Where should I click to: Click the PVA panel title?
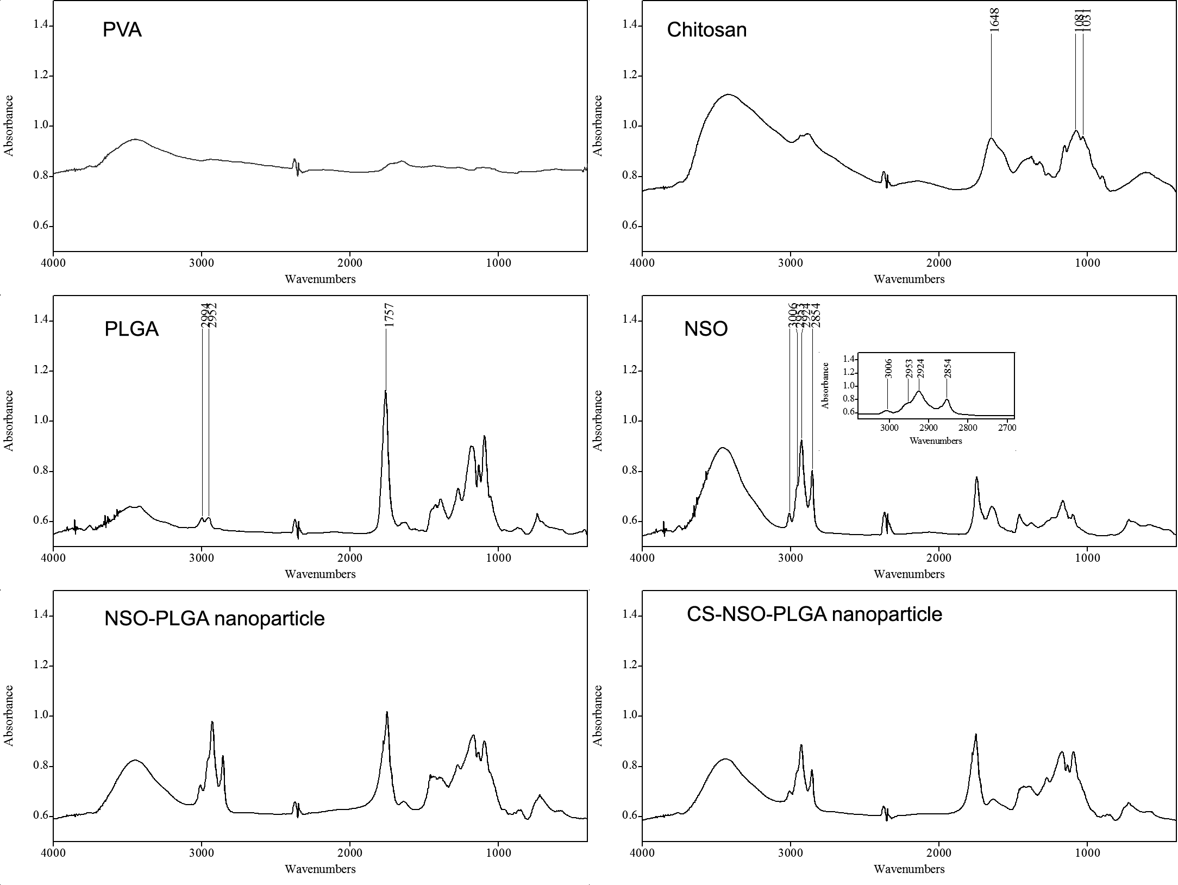tap(122, 29)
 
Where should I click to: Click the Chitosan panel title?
tap(706, 29)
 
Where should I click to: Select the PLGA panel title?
tap(131, 329)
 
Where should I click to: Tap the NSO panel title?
tap(706, 329)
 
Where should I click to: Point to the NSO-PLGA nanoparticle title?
tap(214, 618)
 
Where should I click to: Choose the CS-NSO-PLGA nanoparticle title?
tap(814, 614)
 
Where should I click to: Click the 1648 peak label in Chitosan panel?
tap(995, 20)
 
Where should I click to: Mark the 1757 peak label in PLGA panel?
tap(389, 316)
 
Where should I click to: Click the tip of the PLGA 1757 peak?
tap(386, 391)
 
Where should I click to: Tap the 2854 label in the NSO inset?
tap(948, 368)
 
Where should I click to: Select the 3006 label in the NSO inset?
tap(888, 368)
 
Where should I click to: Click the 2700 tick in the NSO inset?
tap(1007, 428)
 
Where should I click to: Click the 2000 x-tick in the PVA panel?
tap(350, 263)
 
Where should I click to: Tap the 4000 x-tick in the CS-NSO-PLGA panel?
tap(642, 852)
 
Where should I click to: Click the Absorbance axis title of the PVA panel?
tap(9, 125)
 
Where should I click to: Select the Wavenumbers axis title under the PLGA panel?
tap(320, 574)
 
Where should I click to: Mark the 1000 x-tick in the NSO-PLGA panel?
tap(498, 852)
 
